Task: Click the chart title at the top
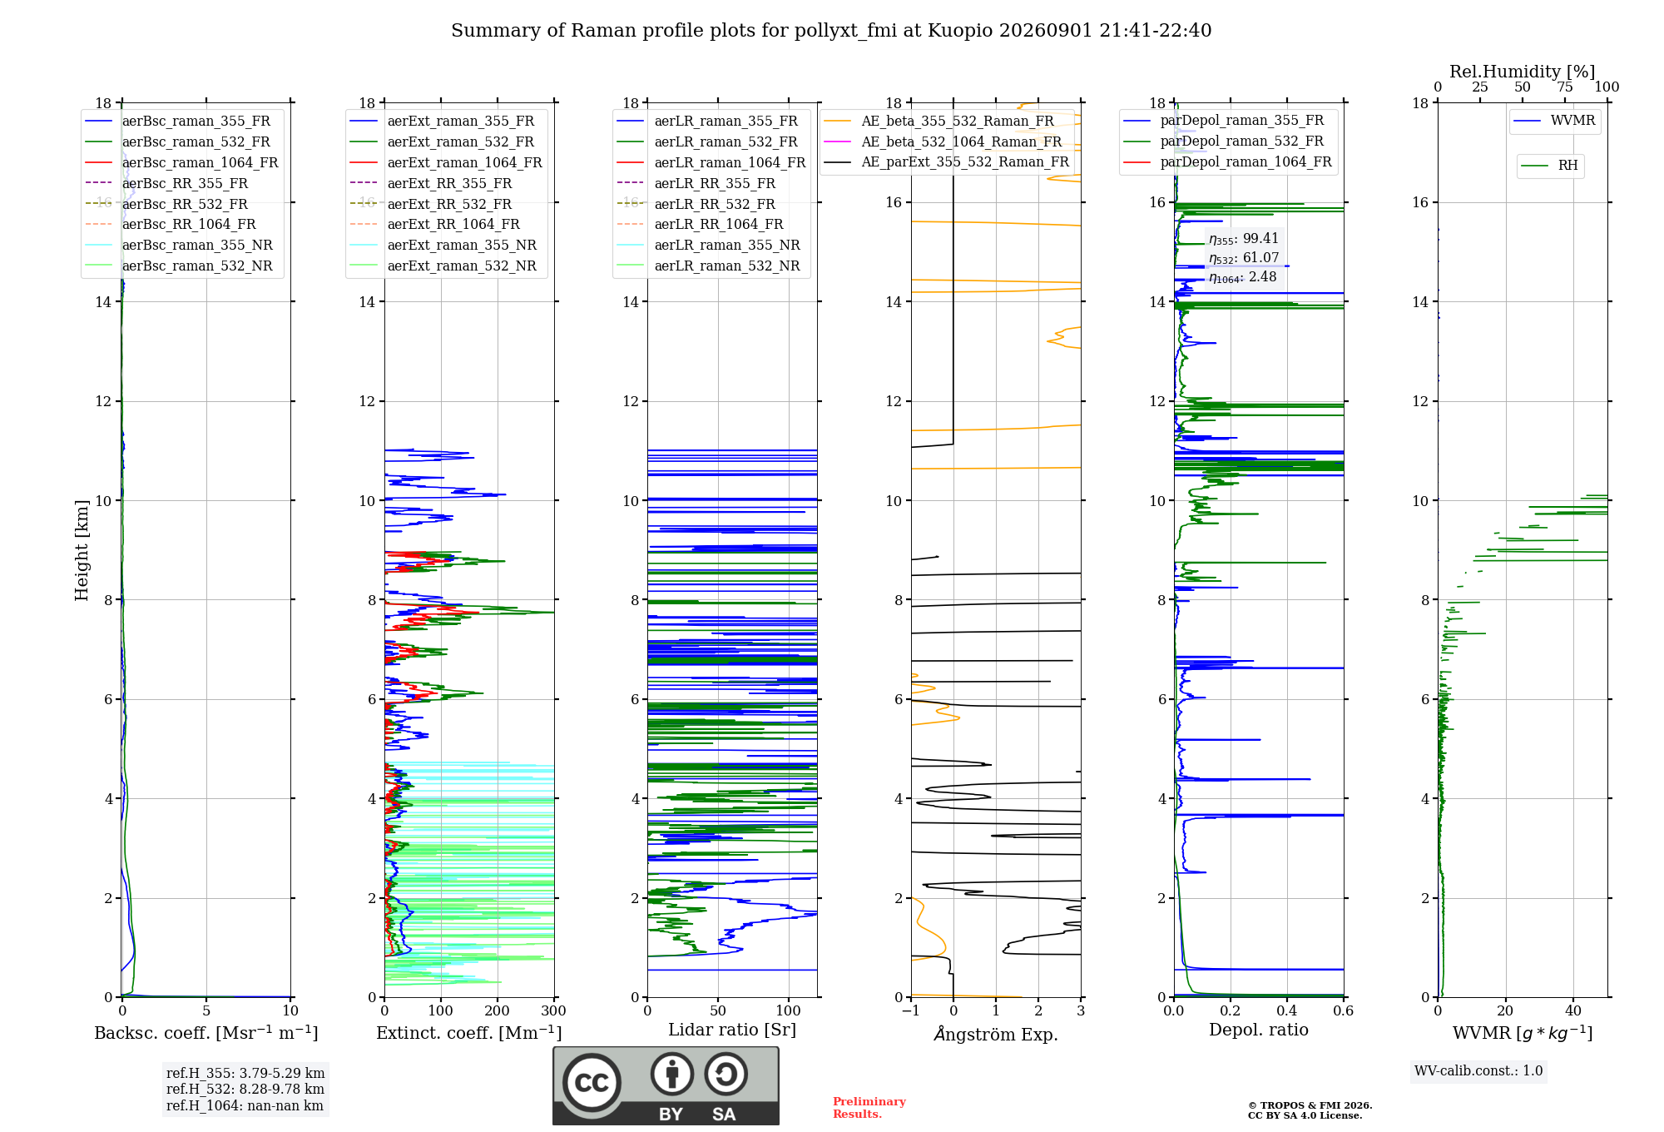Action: tap(831, 31)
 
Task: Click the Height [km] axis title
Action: tap(82, 550)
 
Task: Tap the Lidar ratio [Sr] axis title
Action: tap(732, 1030)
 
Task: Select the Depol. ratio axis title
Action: tap(1259, 1030)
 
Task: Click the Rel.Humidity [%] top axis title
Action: tap(1523, 72)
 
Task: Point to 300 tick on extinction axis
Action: tap(554, 1010)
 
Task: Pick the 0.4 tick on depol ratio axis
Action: tap(1287, 1010)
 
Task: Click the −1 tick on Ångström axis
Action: tap(911, 1010)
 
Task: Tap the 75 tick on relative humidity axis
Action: tap(1565, 87)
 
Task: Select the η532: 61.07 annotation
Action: tap(1244, 258)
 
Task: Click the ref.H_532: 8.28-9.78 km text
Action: tap(245, 1089)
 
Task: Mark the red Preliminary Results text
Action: tap(869, 1108)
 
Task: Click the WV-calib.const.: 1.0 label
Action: tap(1478, 1071)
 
